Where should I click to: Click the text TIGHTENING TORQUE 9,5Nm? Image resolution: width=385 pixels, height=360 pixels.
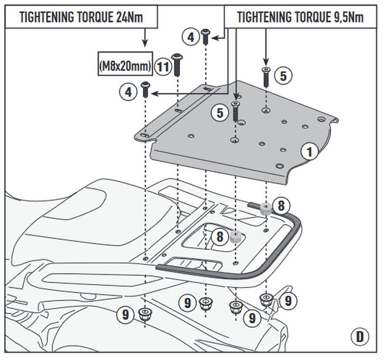(300, 17)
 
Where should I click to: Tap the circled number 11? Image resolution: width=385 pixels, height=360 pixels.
(164, 66)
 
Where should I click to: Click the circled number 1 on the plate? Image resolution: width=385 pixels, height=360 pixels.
(310, 151)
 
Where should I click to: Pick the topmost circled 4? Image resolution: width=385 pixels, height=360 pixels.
(191, 37)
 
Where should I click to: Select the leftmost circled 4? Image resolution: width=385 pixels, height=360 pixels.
(129, 92)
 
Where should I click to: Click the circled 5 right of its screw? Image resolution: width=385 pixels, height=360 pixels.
(283, 75)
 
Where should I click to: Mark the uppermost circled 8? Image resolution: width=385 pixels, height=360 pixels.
(281, 206)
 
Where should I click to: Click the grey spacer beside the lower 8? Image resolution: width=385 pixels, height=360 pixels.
(235, 237)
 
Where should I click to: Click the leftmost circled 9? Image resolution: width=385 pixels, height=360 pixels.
(126, 315)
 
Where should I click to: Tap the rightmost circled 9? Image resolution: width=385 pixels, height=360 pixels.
(288, 301)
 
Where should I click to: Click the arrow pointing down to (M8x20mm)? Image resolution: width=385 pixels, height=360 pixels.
(144, 38)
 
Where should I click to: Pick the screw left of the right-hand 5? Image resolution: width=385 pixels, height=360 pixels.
(266, 76)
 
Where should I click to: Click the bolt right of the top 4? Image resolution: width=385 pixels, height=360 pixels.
(205, 37)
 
